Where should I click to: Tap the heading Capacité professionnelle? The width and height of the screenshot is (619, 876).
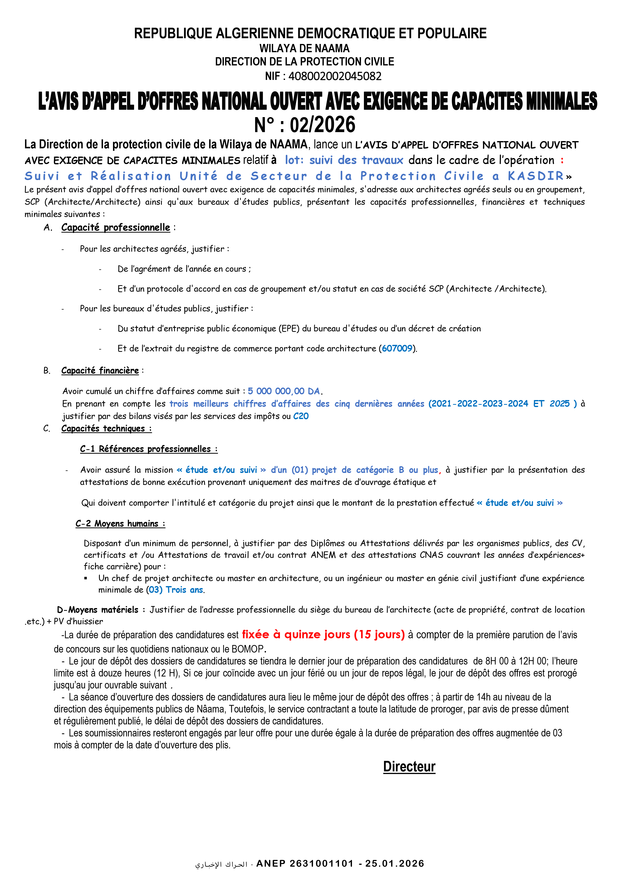pos(116,227)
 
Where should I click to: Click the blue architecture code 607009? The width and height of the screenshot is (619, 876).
pos(397,348)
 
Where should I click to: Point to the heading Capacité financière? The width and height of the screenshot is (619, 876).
pos(100,371)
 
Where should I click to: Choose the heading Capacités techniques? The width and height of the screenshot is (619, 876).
pos(106,429)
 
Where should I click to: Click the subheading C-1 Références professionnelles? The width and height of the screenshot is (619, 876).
pos(149,449)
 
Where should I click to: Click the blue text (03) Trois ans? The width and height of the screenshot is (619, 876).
pos(175,590)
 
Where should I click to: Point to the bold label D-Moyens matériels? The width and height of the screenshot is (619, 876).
pos(98,610)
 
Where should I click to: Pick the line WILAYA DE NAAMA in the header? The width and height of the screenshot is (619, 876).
pos(304,48)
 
